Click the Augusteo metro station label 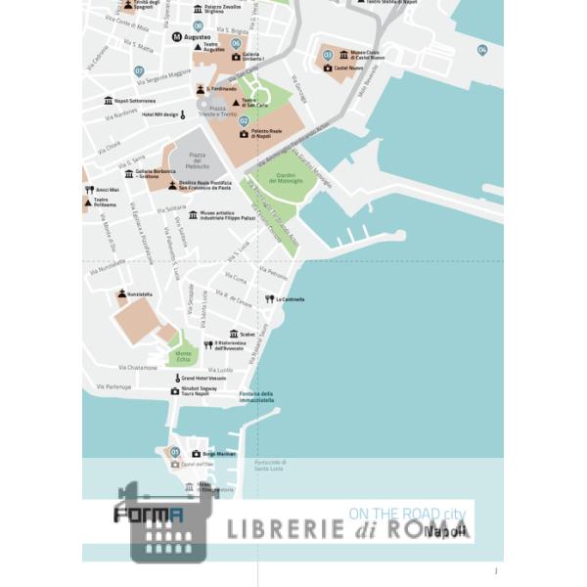(x=198, y=37)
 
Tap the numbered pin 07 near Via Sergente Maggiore (x=139, y=71)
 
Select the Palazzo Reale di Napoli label (x=266, y=133)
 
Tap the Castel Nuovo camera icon (x=328, y=68)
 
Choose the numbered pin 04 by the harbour (x=482, y=50)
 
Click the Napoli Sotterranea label (x=135, y=101)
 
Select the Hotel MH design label (x=159, y=114)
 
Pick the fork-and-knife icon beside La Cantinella (x=269, y=299)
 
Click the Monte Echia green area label (x=184, y=355)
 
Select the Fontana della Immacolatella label (x=256, y=397)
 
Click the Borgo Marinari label (x=219, y=454)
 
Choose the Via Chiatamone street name (x=138, y=368)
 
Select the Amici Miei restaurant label (x=107, y=190)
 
